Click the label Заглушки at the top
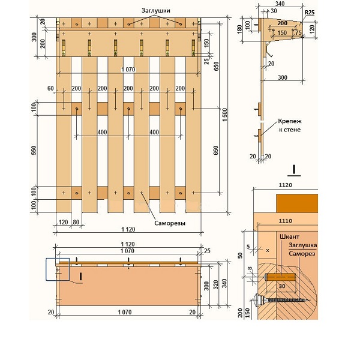click(x=155, y=11)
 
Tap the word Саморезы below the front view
click(x=170, y=223)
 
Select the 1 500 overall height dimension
click(x=224, y=115)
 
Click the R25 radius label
click(x=310, y=13)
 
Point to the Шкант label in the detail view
click(x=289, y=236)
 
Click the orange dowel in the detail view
click(x=281, y=277)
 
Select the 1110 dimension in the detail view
click(x=286, y=221)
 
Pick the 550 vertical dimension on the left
click(x=34, y=151)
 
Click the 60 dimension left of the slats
click(x=50, y=88)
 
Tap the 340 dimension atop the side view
click(x=280, y=4)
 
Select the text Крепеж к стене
click(x=290, y=125)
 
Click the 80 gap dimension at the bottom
click(x=76, y=222)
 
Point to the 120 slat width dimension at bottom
click(x=63, y=222)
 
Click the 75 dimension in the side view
click(x=298, y=33)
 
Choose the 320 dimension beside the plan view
click(x=215, y=284)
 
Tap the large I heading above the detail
click(x=294, y=170)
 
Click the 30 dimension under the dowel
click(x=282, y=286)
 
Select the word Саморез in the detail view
click(x=302, y=253)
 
